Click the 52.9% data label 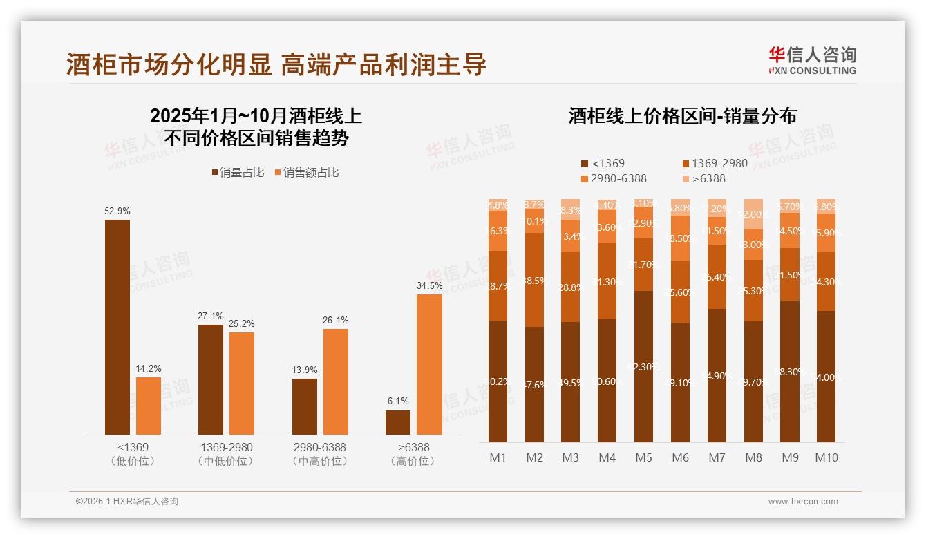click(x=117, y=211)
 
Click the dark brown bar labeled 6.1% click(x=398, y=422)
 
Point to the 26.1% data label click(x=335, y=321)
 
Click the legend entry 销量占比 click(x=238, y=173)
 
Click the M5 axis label click(x=643, y=457)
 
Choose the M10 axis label click(x=826, y=457)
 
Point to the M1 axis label click(x=498, y=457)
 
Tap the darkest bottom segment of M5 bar click(x=643, y=366)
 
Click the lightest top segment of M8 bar click(x=753, y=214)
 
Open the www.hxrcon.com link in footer click(x=803, y=502)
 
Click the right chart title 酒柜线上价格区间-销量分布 click(x=682, y=115)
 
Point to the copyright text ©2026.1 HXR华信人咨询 click(x=127, y=502)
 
